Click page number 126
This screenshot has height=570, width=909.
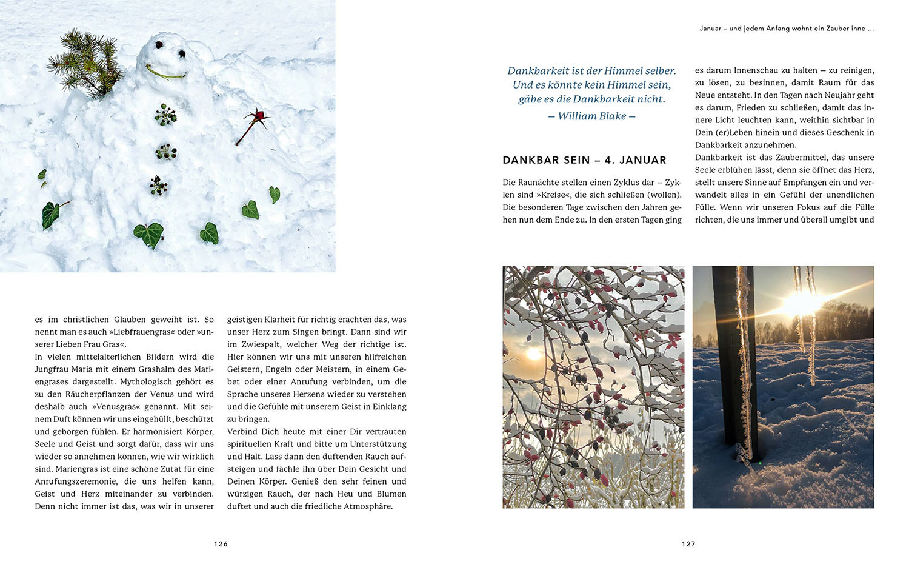click(x=221, y=544)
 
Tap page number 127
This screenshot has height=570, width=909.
click(x=688, y=544)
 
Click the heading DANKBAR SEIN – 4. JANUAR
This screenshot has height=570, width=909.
click(x=584, y=160)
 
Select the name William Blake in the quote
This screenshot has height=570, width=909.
click(x=591, y=116)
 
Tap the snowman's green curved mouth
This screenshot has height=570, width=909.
click(x=165, y=75)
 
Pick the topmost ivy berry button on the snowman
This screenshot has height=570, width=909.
click(x=165, y=115)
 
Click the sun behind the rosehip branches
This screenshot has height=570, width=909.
click(x=534, y=354)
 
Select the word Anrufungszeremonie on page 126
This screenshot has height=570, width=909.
click(x=77, y=481)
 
